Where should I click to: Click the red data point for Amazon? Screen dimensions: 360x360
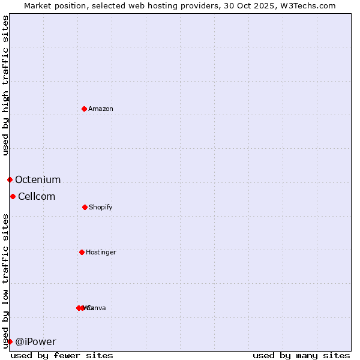[85, 109]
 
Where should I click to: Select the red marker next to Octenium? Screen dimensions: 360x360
[10, 179]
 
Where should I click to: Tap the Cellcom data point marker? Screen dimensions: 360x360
[13, 196]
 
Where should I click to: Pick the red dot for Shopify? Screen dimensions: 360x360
[85, 207]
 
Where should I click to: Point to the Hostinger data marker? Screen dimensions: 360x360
[82, 252]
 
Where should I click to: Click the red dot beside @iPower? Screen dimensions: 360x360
[10, 341]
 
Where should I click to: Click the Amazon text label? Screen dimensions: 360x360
[101, 109]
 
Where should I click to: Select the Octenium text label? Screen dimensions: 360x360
[38, 179]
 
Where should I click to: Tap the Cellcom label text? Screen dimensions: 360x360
[37, 196]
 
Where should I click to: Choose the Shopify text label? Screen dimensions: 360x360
[101, 207]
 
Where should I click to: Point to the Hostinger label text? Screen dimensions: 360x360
[101, 252]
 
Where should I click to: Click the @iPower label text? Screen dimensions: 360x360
[36, 341]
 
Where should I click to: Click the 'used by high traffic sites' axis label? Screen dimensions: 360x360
[5, 85]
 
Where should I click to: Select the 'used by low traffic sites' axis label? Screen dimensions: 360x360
[5, 281]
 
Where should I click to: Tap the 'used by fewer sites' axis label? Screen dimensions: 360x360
[62, 355]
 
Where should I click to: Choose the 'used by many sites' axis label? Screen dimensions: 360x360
[301, 355]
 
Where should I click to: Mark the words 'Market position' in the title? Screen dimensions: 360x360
[52, 5]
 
